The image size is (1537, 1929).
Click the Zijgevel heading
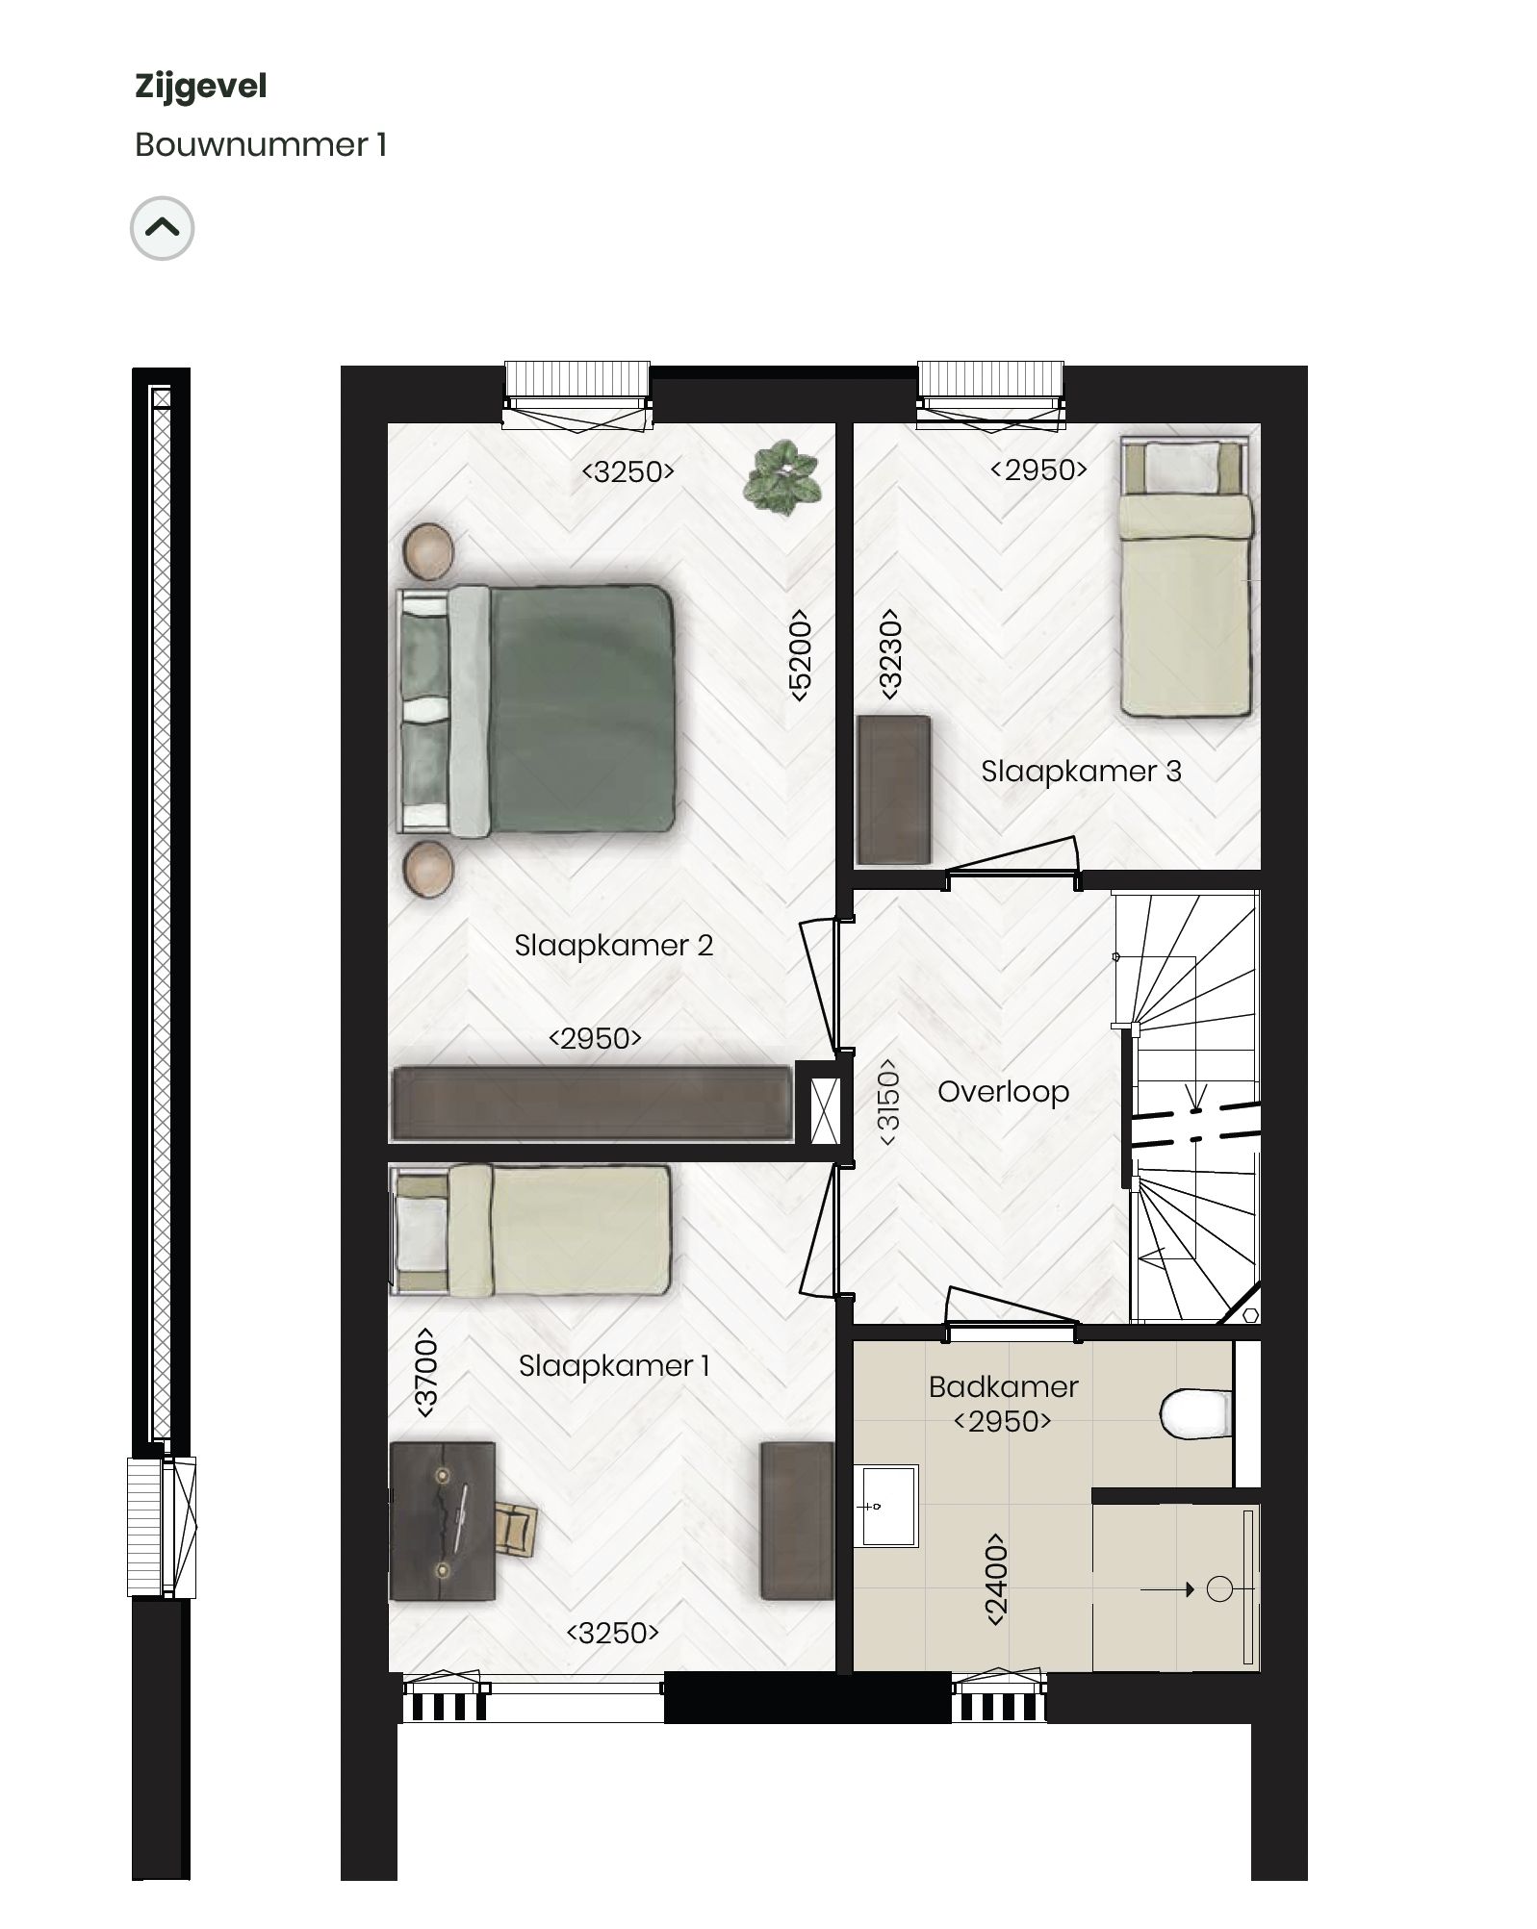point(200,87)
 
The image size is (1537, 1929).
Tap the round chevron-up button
point(162,229)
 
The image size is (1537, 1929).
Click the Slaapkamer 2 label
point(613,946)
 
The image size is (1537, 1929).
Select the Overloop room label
point(1003,1092)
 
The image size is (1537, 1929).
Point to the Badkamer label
point(1003,1386)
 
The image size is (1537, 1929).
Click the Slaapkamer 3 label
point(1081,772)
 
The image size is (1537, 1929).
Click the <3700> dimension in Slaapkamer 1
point(425,1373)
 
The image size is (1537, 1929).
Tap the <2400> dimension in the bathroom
point(996,1580)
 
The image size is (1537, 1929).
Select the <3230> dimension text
point(890,654)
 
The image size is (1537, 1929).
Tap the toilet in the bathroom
point(1195,1412)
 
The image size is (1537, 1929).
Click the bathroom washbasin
point(886,1505)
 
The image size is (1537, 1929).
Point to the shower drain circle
point(1218,1589)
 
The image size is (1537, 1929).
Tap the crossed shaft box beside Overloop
point(825,1112)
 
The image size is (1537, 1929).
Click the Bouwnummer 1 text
point(260,145)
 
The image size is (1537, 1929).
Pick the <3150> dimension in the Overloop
point(888,1102)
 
